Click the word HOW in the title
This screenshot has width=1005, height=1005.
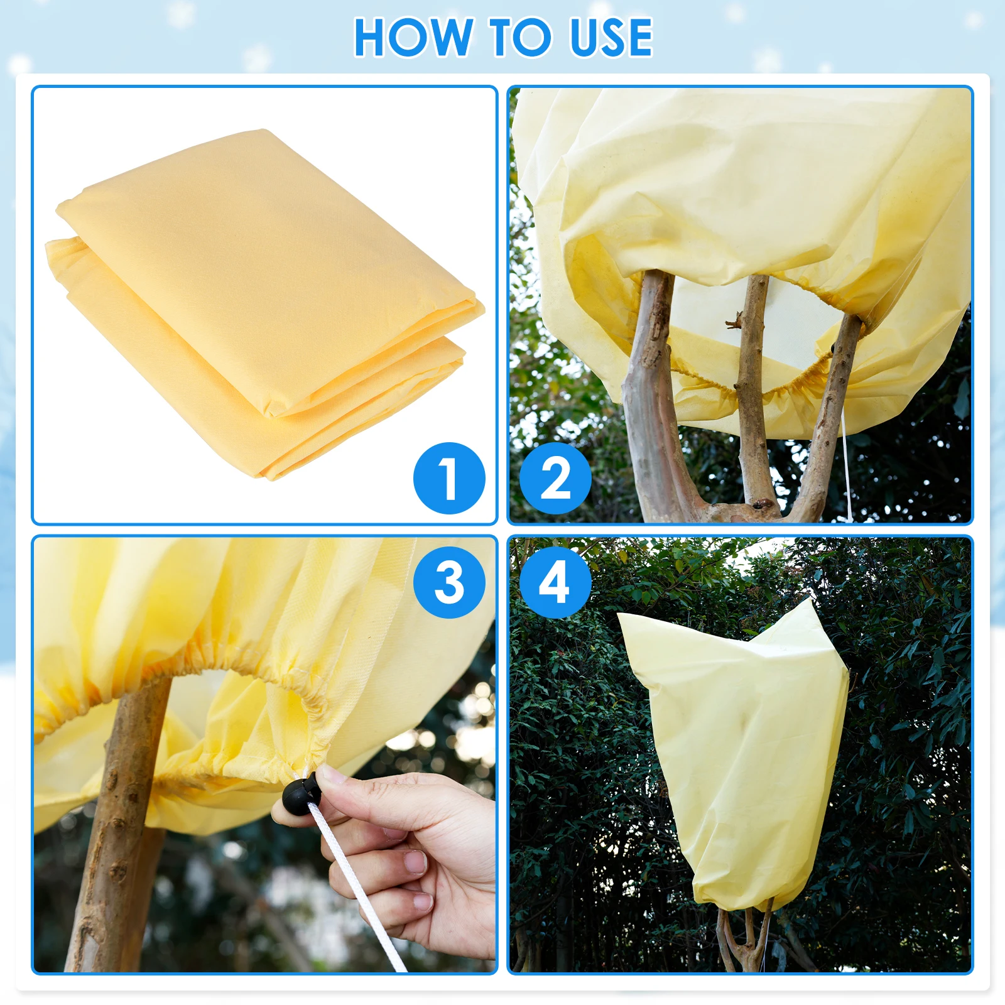(x=413, y=38)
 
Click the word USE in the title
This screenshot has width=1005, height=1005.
(x=611, y=38)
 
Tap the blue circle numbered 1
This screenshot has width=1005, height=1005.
(x=449, y=479)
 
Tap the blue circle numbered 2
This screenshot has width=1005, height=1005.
(x=555, y=479)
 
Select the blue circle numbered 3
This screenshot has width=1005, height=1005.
(x=449, y=582)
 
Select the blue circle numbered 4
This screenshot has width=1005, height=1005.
(x=555, y=582)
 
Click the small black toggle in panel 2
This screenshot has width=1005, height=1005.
(x=834, y=347)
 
